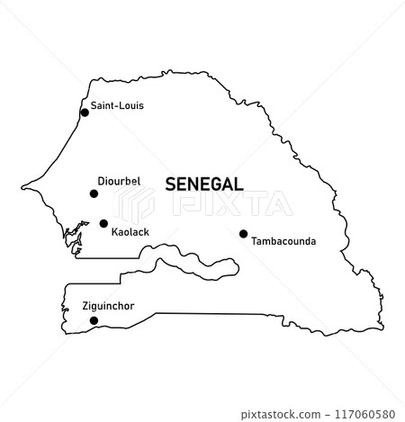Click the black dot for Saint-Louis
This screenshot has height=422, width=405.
click(85, 112)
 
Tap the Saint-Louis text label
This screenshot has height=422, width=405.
click(117, 106)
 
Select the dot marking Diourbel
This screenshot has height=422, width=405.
click(94, 193)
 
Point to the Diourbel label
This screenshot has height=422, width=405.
click(120, 181)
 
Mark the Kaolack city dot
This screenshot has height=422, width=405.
click(103, 223)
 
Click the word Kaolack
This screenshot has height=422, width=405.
click(130, 232)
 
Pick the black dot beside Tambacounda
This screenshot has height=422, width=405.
click(243, 234)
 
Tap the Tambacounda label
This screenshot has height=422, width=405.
click(283, 241)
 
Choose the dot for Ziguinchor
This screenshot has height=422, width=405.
click(94, 319)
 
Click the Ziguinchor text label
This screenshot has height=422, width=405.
click(108, 306)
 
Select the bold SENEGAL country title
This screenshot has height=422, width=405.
click(204, 184)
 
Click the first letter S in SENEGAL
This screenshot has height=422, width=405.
click(171, 184)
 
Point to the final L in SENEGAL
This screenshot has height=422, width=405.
click(238, 184)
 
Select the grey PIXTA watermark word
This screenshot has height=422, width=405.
click(236, 205)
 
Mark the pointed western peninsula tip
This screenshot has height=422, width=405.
click(22, 188)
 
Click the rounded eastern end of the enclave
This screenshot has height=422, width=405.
click(238, 266)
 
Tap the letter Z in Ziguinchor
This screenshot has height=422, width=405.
click(84, 306)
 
